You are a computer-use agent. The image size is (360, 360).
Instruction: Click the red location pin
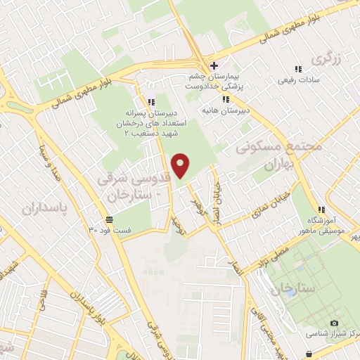pyautogui.click(x=181, y=165)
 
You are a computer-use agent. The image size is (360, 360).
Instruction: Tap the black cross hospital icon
pyautogui.click(x=214, y=66)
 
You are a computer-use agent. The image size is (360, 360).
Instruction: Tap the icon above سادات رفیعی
pyautogui.click(x=298, y=69)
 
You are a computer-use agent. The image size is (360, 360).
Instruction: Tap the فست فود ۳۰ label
pyautogui.click(x=110, y=229)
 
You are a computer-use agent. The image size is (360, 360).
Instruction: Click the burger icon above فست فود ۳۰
pyautogui.click(x=110, y=219)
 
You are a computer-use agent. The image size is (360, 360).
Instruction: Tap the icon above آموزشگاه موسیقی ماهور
pyautogui.click(x=321, y=209)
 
